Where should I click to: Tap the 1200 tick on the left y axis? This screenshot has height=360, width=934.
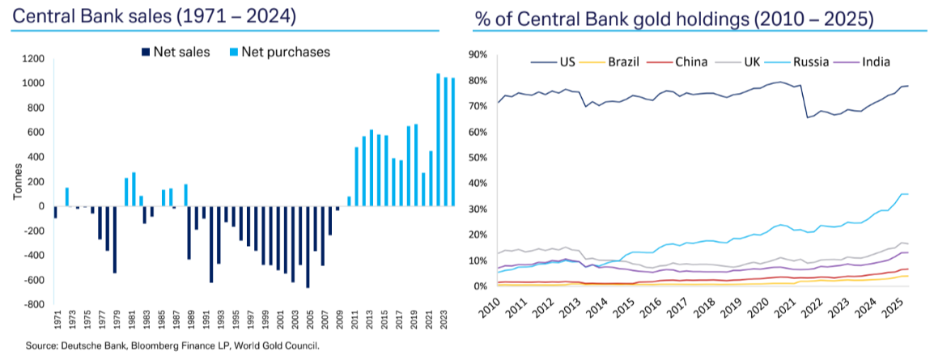32,59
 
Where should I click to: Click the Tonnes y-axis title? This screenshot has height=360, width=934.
17,183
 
